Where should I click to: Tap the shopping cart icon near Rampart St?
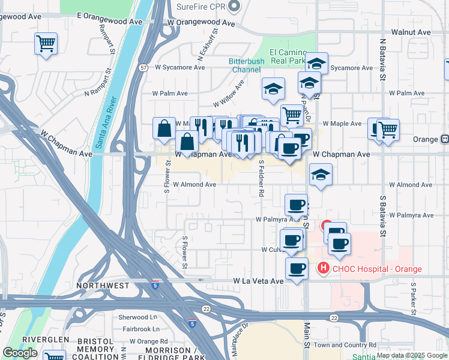(x=46, y=44)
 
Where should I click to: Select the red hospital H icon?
(x=324, y=268)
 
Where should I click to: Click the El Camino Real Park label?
(x=288, y=57)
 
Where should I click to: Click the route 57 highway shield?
(x=143, y=68)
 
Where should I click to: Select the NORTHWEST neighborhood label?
(x=103, y=286)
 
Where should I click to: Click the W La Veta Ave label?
(x=258, y=281)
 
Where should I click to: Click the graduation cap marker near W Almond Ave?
(x=321, y=175)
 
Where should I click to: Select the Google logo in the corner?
(x=20, y=352)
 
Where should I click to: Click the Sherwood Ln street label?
(x=137, y=317)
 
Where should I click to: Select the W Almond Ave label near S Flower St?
(x=194, y=185)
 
